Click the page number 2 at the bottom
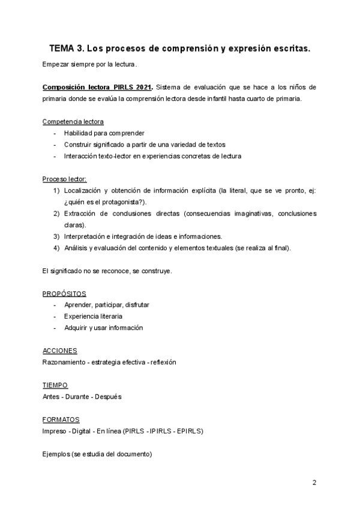click(x=314, y=482)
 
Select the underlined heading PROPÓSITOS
click(x=64, y=294)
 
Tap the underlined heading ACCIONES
click(x=60, y=351)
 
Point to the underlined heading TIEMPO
click(x=55, y=385)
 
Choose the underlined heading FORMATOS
click(x=61, y=420)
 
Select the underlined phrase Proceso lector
click(x=64, y=179)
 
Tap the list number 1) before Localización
click(x=56, y=190)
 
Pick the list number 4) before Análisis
click(x=56, y=248)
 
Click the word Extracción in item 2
click(x=82, y=214)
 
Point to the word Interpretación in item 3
click(x=86, y=236)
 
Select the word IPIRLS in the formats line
click(x=156, y=431)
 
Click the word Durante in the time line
click(x=84, y=397)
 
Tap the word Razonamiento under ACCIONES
click(x=64, y=363)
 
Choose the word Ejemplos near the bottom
click(x=56, y=454)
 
